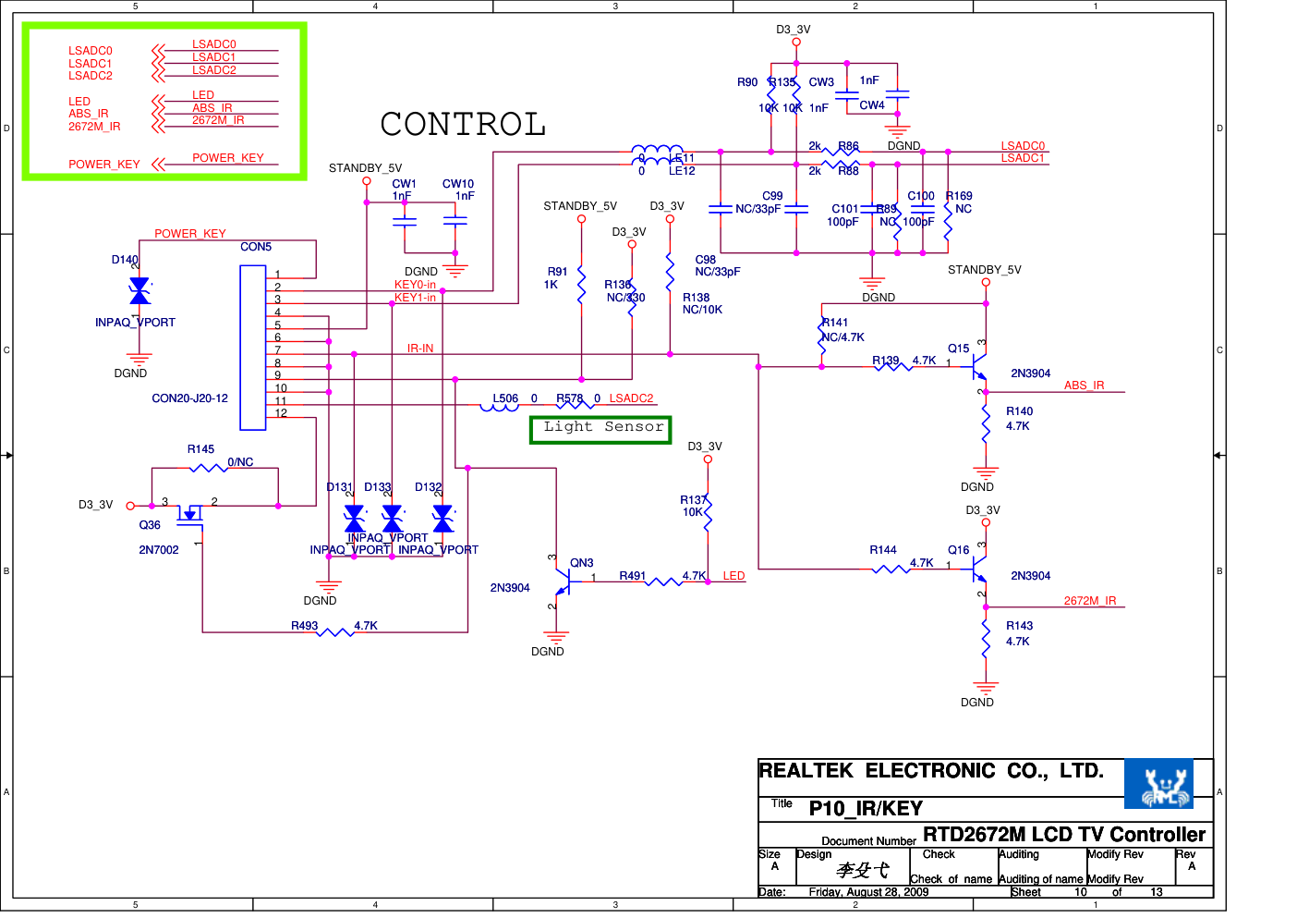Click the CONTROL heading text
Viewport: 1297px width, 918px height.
(463, 124)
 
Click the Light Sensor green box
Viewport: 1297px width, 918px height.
(600, 429)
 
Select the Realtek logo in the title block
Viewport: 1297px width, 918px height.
(1158, 784)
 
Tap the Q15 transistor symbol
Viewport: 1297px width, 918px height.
(977, 368)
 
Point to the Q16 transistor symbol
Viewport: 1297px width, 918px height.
(977, 569)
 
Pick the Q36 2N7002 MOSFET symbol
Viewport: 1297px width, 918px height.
(189, 513)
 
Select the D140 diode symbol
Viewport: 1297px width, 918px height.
(139, 291)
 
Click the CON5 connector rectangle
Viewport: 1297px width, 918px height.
(253, 348)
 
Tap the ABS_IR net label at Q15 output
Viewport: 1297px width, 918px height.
(1084, 386)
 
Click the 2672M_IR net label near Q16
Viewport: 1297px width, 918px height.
(1089, 601)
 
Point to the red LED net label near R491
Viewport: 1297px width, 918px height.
(733, 576)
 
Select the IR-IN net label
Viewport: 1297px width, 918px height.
(420, 349)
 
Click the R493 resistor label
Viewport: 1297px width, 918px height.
(304, 626)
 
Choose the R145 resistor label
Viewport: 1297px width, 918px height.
(200, 449)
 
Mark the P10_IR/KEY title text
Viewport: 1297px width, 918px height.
(866, 809)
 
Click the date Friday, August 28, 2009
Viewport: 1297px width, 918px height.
(868, 892)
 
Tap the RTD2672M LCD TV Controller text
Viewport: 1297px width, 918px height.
(1064, 835)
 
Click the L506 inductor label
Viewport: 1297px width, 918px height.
(505, 398)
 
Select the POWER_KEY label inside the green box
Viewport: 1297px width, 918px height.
(103, 165)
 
